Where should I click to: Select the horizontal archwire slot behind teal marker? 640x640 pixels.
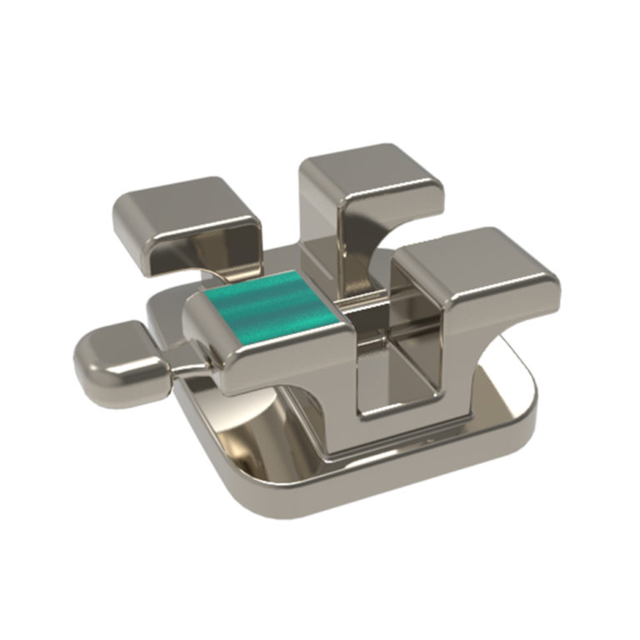(367, 304)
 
